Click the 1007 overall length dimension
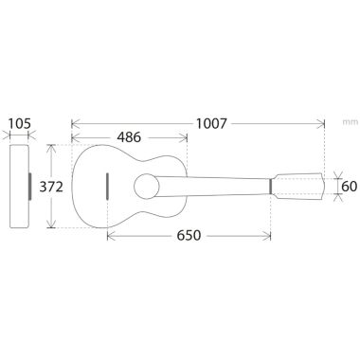[x=211, y=123]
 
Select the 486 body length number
[x=129, y=137]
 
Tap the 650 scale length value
[x=189, y=235]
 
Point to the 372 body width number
[x=51, y=187]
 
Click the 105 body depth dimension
[x=20, y=123]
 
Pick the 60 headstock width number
[x=350, y=187]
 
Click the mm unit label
[x=351, y=122]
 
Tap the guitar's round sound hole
[x=147, y=187]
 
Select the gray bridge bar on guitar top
[x=108, y=187]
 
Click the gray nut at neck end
[x=271, y=187]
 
